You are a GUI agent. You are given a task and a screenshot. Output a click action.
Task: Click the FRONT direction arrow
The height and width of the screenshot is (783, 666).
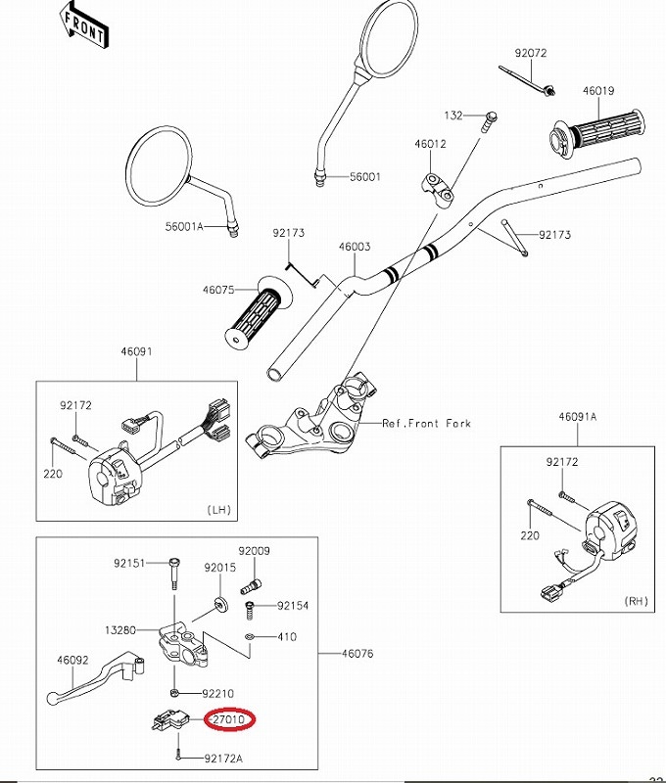click(82, 27)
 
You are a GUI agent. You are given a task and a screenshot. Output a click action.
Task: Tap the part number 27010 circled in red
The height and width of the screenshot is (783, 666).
click(229, 719)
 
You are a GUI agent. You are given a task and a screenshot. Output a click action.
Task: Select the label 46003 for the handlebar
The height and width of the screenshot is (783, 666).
click(355, 247)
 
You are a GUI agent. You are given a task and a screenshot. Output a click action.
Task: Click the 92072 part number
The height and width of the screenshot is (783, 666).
click(531, 53)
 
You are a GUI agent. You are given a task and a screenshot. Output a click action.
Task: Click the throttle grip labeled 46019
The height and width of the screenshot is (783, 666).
click(597, 134)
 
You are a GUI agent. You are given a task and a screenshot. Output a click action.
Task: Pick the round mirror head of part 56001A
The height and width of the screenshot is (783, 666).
click(159, 165)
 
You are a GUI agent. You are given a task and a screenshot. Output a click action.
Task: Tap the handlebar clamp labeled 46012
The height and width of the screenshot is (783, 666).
click(437, 187)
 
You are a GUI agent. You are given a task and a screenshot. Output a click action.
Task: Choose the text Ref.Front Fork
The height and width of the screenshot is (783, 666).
click(426, 424)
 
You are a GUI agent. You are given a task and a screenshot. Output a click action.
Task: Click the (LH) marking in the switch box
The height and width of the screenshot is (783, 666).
click(218, 510)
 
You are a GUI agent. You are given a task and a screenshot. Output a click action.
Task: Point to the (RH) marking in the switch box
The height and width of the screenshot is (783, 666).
click(636, 601)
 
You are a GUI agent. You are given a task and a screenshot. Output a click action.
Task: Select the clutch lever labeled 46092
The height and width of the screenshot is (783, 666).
click(95, 676)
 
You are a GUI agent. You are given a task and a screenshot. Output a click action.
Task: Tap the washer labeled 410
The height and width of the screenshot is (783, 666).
click(250, 637)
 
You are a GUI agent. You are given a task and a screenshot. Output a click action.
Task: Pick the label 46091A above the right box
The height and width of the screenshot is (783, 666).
click(578, 417)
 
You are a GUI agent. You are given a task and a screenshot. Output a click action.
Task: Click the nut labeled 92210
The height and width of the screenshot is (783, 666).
click(175, 693)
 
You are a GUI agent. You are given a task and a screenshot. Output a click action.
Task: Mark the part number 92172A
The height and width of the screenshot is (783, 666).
click(223, 759)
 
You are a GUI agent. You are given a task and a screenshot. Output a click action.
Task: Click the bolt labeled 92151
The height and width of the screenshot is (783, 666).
click(174, 573)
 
